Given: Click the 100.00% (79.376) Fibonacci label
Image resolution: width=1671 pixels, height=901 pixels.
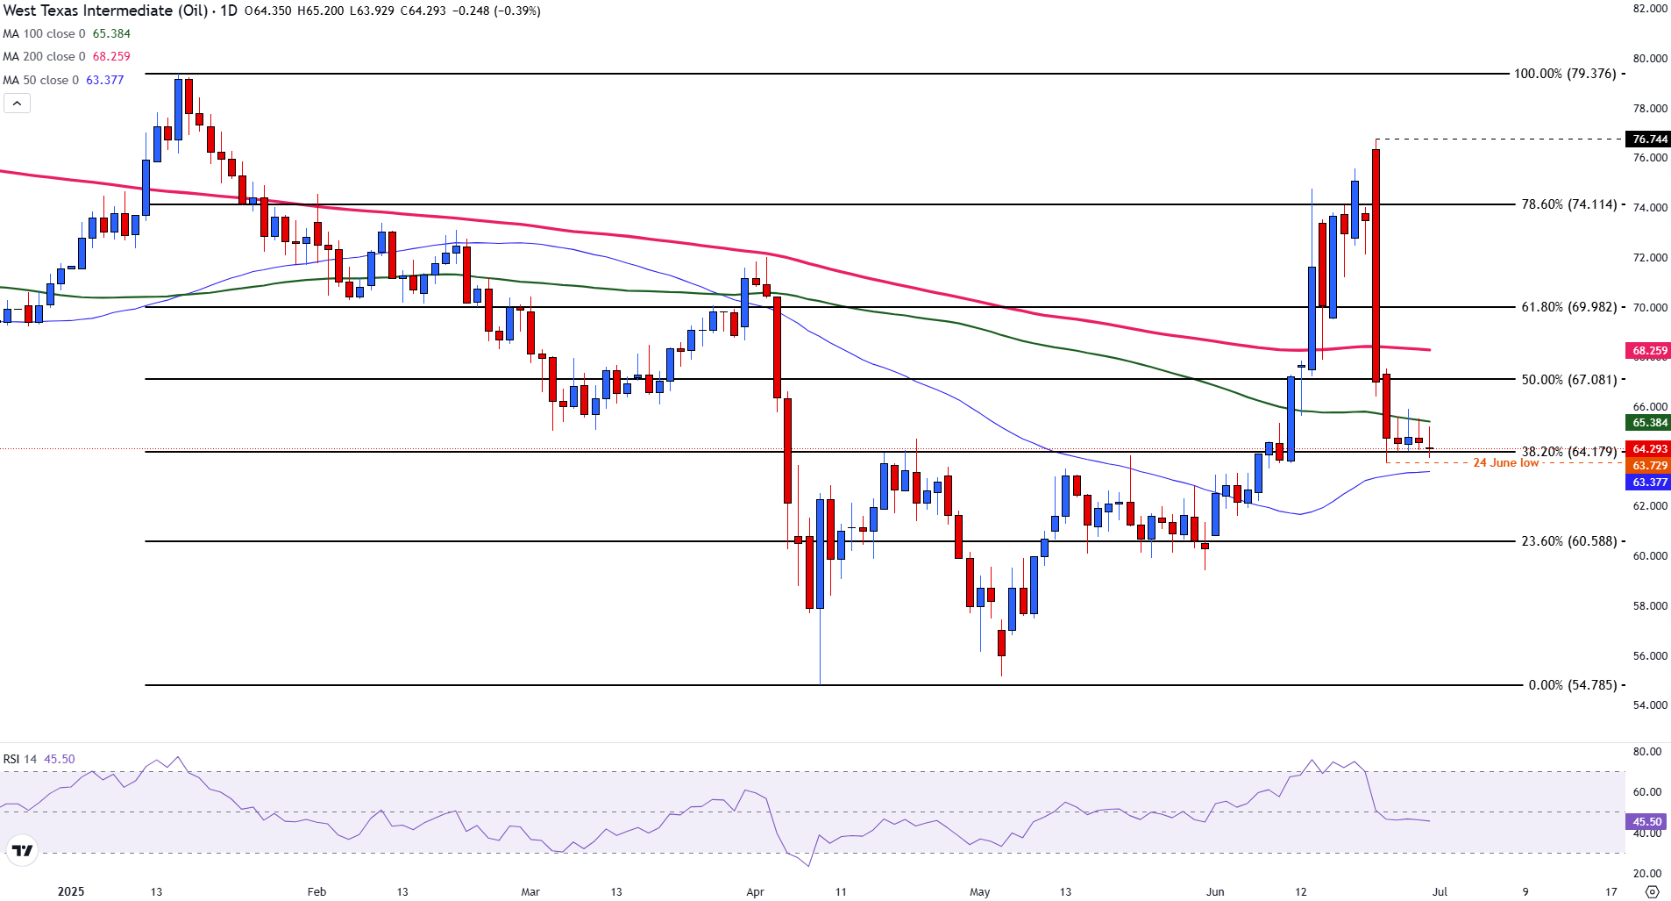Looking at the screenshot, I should click(x=1565, y=74).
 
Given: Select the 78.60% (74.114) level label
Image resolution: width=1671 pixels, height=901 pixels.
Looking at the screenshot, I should click(x=1568, y=204).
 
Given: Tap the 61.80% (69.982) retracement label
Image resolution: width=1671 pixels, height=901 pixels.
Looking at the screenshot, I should click(x=1568, y=307).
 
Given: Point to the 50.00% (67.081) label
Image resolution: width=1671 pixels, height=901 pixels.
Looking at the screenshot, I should click(x=1568, y=380).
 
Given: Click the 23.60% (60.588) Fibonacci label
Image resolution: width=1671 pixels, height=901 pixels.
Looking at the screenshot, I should click(x=1568, y=541).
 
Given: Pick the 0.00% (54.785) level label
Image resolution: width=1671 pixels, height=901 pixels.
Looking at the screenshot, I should click(x=1572, y=685).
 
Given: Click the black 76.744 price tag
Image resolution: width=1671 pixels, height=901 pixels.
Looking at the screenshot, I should click(x=1649, y=139).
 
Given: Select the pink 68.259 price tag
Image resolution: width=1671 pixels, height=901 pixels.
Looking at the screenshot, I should click(x=1649, y=351).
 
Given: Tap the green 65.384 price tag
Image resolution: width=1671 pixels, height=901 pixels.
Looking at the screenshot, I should click(x=1649, y=423).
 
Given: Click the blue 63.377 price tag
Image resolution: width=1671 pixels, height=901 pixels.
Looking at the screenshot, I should click(x=1649, y=483).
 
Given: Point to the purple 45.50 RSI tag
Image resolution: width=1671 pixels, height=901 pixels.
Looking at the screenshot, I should click(x=1646, y=822).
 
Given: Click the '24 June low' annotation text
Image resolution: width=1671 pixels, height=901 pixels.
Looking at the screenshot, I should click(x=1505, y=463).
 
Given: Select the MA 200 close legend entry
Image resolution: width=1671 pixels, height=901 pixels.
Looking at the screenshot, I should click(x=67, y=57).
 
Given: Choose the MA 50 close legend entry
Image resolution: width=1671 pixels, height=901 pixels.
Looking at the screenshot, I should click(x=63, y=80).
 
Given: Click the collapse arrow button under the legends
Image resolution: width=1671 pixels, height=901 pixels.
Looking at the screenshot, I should click(x=17, y=104).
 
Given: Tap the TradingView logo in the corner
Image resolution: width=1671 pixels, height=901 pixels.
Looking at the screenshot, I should click(x=22, y=850).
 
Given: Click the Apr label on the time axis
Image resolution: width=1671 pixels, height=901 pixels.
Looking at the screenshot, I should click(x=755, y=892).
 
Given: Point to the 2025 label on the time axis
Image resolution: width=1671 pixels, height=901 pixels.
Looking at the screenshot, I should click(x=71, y=892).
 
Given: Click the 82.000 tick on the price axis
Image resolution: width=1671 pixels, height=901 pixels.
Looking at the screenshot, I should click(x=1650, y=9).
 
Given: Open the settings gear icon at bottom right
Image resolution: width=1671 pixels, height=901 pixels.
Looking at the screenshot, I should click(x=1652, y=892).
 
